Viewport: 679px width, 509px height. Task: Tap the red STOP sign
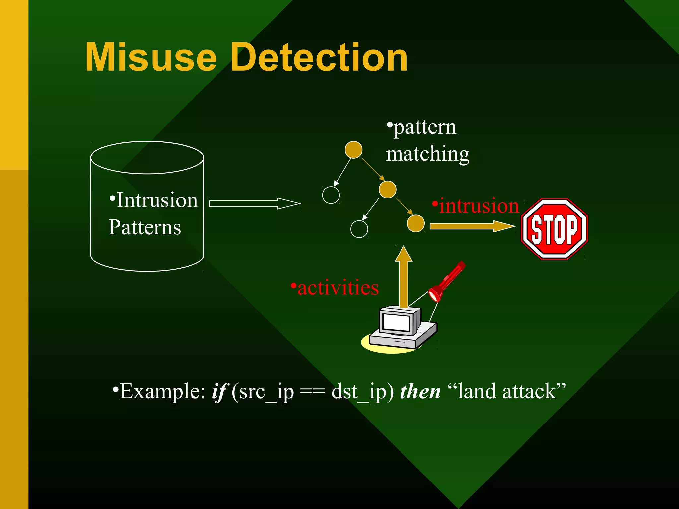point(554,229)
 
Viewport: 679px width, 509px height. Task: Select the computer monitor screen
point(396,321)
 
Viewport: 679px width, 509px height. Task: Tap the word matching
point(428,154)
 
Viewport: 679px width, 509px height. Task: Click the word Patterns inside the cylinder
point(145,227)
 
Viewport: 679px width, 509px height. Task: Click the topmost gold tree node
point(353,150)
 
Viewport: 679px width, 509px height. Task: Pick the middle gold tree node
point(387,189)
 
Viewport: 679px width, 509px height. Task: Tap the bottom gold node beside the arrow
point(415,223)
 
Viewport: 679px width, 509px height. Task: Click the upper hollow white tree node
point(331,195)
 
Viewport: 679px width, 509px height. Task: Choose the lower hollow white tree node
point(359,229)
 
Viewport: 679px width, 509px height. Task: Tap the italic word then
point(420,392)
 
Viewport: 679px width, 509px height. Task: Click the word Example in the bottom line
point(162,392)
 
